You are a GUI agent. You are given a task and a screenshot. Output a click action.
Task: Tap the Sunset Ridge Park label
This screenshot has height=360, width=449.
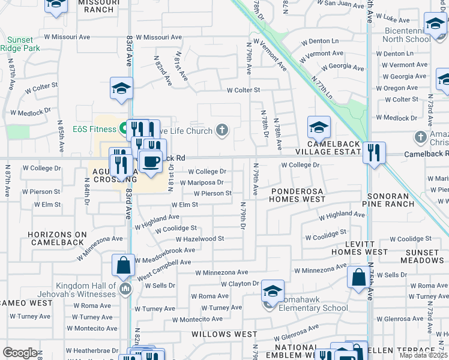[19, 44]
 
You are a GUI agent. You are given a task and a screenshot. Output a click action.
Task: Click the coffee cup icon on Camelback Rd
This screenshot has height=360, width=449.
[150, 161]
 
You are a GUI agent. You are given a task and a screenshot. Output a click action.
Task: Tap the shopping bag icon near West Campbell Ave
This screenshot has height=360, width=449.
[123, 265]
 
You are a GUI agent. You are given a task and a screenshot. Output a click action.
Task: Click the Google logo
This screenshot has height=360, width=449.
[20, 353]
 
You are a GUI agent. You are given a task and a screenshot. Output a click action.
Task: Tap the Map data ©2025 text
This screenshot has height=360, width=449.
[423, 355]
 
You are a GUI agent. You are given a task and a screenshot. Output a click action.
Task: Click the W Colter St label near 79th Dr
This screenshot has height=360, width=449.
[243, 90]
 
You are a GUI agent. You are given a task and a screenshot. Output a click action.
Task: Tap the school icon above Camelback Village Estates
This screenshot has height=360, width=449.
[319, 127]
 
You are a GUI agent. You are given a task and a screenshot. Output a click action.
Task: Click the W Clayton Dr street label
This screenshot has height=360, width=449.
[240, 284]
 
